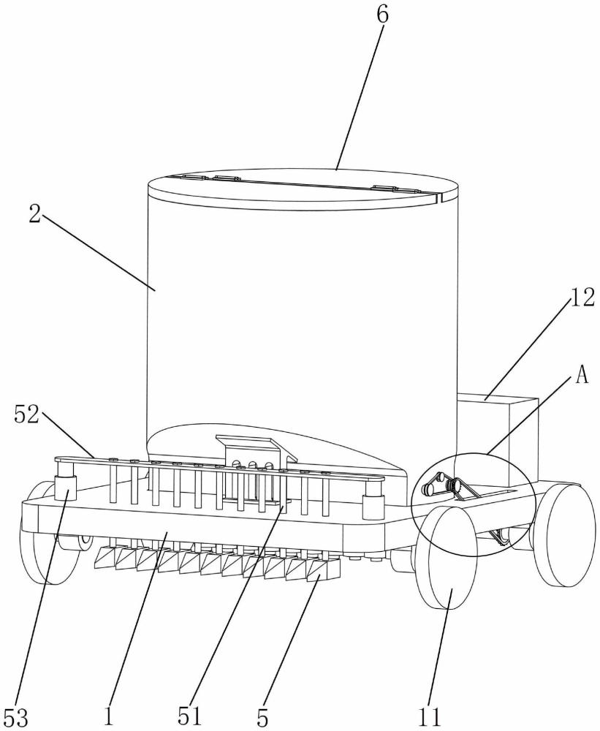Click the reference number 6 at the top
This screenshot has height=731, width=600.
point(382,15)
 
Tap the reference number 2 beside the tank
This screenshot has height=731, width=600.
point(34,214)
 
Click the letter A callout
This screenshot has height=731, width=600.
point(582,376)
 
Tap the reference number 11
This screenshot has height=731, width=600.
point(429,717)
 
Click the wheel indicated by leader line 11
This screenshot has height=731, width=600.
point(446,558)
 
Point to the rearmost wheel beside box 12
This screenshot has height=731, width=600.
point(564,534)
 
